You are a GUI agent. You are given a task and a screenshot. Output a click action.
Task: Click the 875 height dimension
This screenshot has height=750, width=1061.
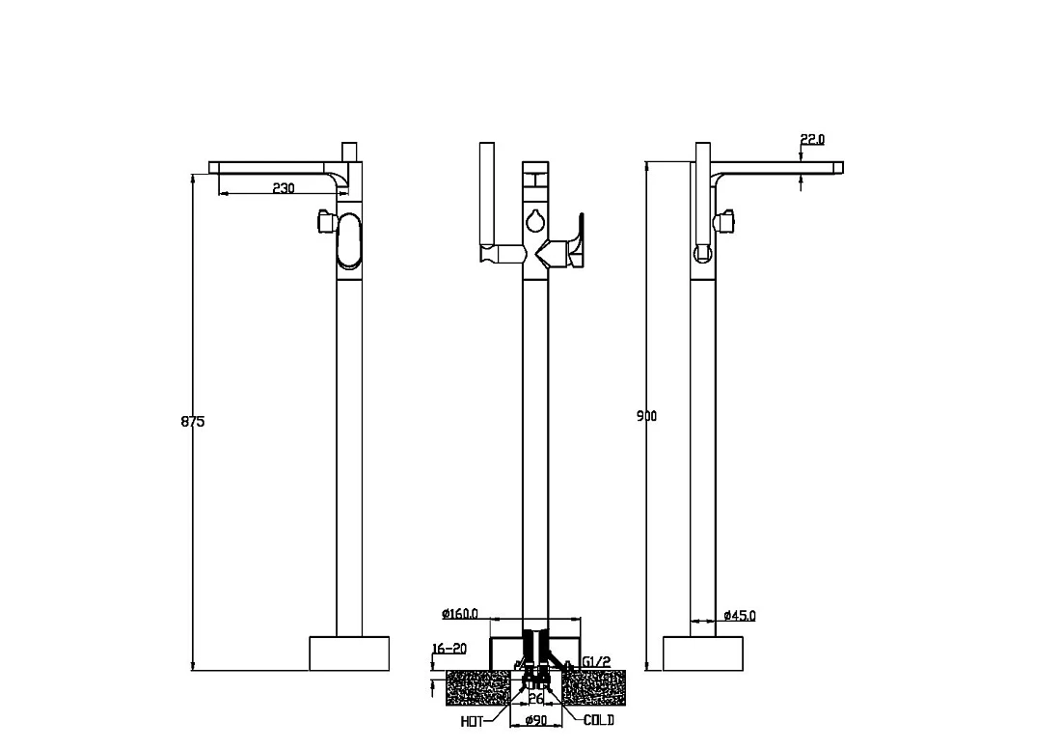click(193, 421)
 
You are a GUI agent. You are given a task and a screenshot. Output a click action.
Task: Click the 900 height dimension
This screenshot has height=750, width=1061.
click(646, 416)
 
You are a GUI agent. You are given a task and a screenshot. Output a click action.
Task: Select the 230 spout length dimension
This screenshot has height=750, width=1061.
click(284, 187)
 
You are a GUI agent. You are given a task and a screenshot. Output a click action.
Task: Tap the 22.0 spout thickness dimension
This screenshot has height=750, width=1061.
click(813, 139)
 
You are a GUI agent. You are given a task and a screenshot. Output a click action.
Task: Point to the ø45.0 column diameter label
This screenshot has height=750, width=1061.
click(740, 615)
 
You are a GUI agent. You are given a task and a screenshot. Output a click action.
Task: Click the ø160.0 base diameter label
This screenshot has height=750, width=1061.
click(460, 614)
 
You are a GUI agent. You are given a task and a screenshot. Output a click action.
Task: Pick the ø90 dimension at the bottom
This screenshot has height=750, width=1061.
click(536, 721)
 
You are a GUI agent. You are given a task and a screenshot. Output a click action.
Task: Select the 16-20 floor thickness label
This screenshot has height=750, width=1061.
click(449, 649)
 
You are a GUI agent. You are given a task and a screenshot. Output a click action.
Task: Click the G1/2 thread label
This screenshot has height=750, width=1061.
click(596, 661)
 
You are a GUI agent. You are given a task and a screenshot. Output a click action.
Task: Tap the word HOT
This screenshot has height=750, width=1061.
click(473, 722)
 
